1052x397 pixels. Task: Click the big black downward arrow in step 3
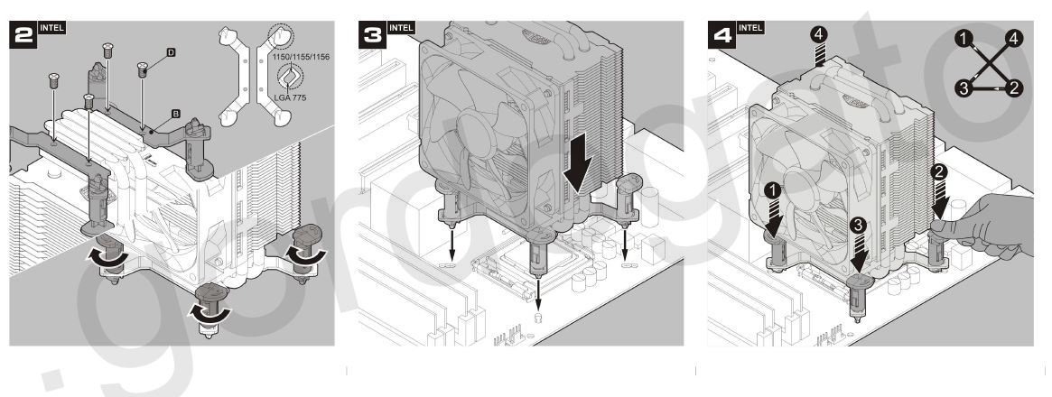tap(577, 166)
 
